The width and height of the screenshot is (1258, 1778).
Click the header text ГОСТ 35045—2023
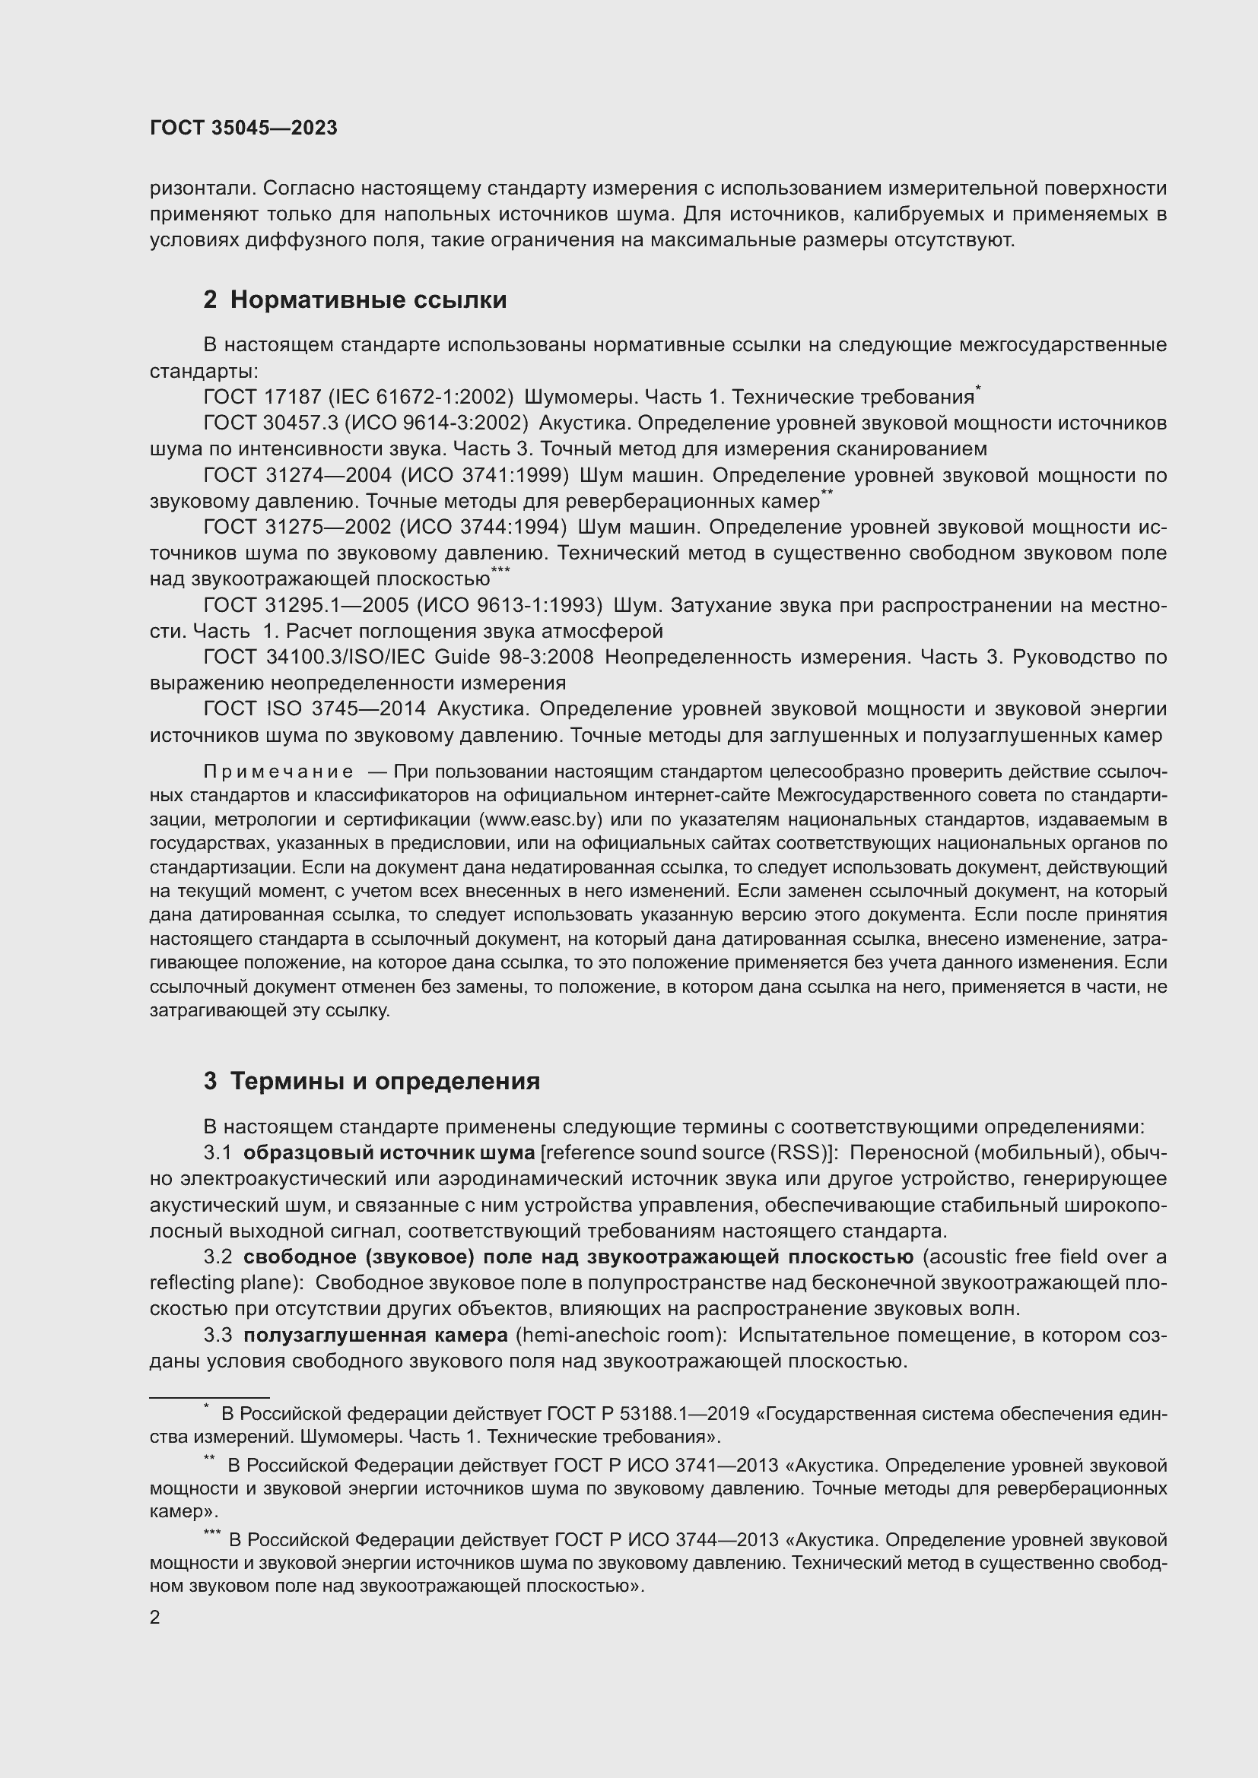coord(243,128)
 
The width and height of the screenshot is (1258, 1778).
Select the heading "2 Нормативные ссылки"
coord(354,300)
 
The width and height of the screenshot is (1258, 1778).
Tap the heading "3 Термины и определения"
coord(372,1081)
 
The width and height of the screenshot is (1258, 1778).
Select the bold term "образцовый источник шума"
coord(389,1153)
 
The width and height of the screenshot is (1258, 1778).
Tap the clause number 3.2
coord(218,1257)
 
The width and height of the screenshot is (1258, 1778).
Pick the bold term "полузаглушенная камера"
coord(376,1335)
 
